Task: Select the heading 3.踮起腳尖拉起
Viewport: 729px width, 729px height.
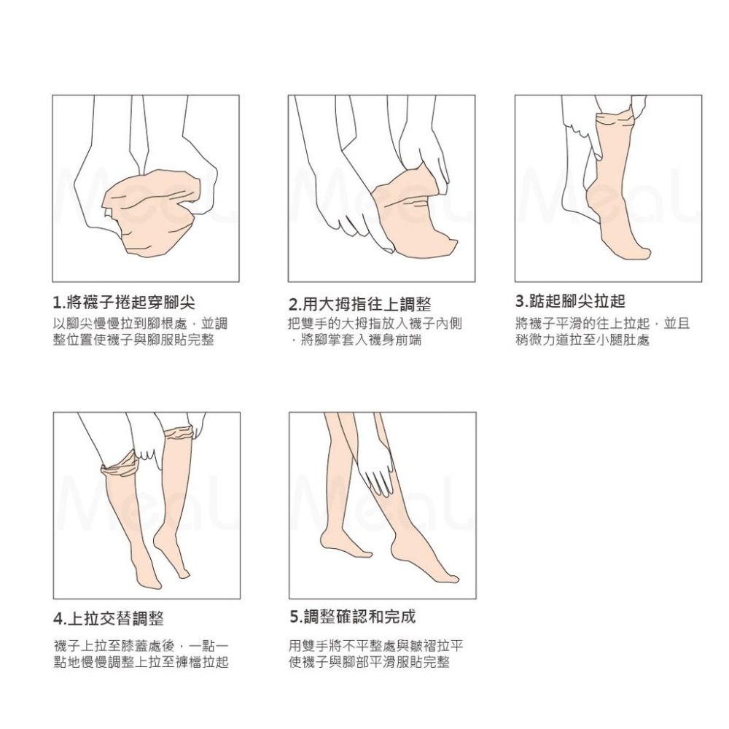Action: pyautogui.click(x=570, y=301)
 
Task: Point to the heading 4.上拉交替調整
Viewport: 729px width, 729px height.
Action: pyautogui.click(x=109, y=619)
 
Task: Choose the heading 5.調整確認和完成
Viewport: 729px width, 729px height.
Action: pyautogui.click(x=352, y=617)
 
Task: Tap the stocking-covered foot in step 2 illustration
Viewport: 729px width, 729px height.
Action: pyautogui.click(x=412, y=219)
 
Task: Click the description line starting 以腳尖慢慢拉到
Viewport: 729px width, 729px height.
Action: pyautogui.click(x=140, y=324)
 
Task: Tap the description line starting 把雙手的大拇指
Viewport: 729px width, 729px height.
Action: pyautogui.click(x=375, y=324)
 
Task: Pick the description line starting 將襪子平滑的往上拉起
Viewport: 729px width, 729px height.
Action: pyautogui.click(x=602, y=324)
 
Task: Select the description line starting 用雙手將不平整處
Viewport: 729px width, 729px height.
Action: pyautogui.click(x=376, y=646)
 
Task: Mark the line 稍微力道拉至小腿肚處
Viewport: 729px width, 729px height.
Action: pyautogui.click(x=582, y=340)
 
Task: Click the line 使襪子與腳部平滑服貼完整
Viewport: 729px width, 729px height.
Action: pyautogui.click(x=369, y=663)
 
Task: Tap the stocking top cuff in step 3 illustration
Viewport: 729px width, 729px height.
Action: pyautogui.click(x=615, y=117)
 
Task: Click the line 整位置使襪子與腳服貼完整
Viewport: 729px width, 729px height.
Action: pyautogui.click(x=133, y=340)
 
